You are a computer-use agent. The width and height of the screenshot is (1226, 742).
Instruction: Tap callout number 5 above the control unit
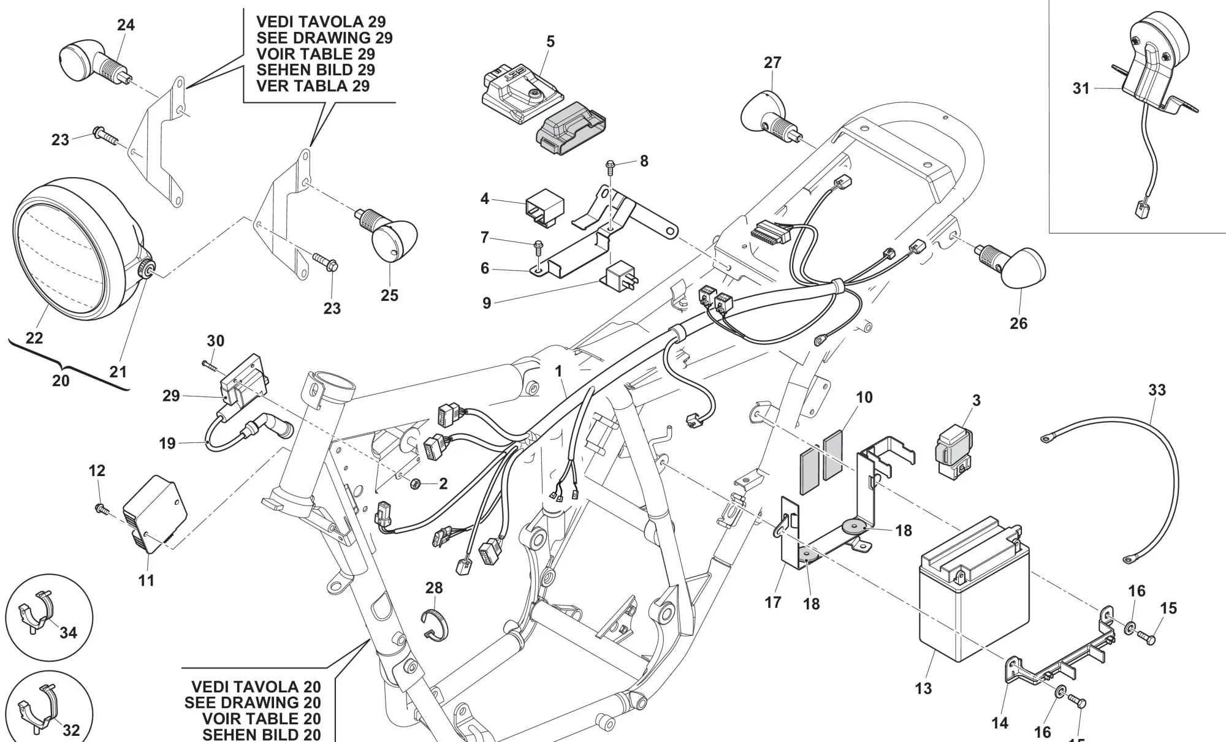[550, 42]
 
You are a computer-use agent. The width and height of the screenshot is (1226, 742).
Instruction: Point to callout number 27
[772, 62]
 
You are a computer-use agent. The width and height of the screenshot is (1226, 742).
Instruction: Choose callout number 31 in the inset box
[1081, 89]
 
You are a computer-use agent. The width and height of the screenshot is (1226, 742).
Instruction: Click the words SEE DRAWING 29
[324, 38]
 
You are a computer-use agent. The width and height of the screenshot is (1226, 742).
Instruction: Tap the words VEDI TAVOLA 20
[256, 687]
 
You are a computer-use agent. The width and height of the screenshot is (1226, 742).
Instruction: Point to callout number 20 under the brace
[61, 381]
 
